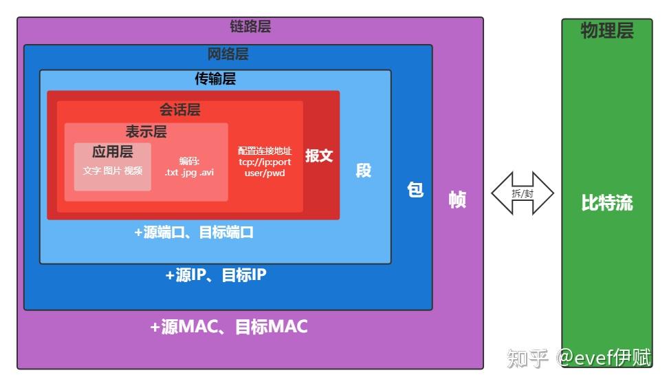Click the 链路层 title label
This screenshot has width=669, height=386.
[x=250, y=27]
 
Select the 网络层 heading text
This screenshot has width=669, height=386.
[x=228, y=54]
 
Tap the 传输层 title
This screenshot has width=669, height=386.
[x=215, y=78]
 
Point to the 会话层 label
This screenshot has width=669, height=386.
[x=180, y=109]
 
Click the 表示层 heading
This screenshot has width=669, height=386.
[x=146, y=131]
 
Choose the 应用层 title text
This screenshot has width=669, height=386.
[x=112, y=151]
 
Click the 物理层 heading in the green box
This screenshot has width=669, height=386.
[x=606, y=30]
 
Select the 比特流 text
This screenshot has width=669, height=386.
[x=606, y=204]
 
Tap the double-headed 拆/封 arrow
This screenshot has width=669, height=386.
[x=523, y=193]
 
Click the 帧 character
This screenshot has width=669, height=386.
[x=457, y=199]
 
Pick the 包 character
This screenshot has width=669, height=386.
[x=415, y=189]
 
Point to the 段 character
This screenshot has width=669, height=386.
[x=364, y=170]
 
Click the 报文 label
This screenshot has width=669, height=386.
[x=319, y=156]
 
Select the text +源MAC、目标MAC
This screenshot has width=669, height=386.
[x=229, y=327]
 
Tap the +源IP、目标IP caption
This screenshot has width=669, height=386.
[x=215, y=275]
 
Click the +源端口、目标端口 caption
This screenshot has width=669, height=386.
[x=194, y=233]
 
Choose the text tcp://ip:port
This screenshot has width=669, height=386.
[x=265, y=162]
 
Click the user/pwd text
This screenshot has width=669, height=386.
[x=265, y=173]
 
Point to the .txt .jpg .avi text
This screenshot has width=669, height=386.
[x=189, y=172]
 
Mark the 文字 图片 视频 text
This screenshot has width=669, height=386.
[x=113, y=170]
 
